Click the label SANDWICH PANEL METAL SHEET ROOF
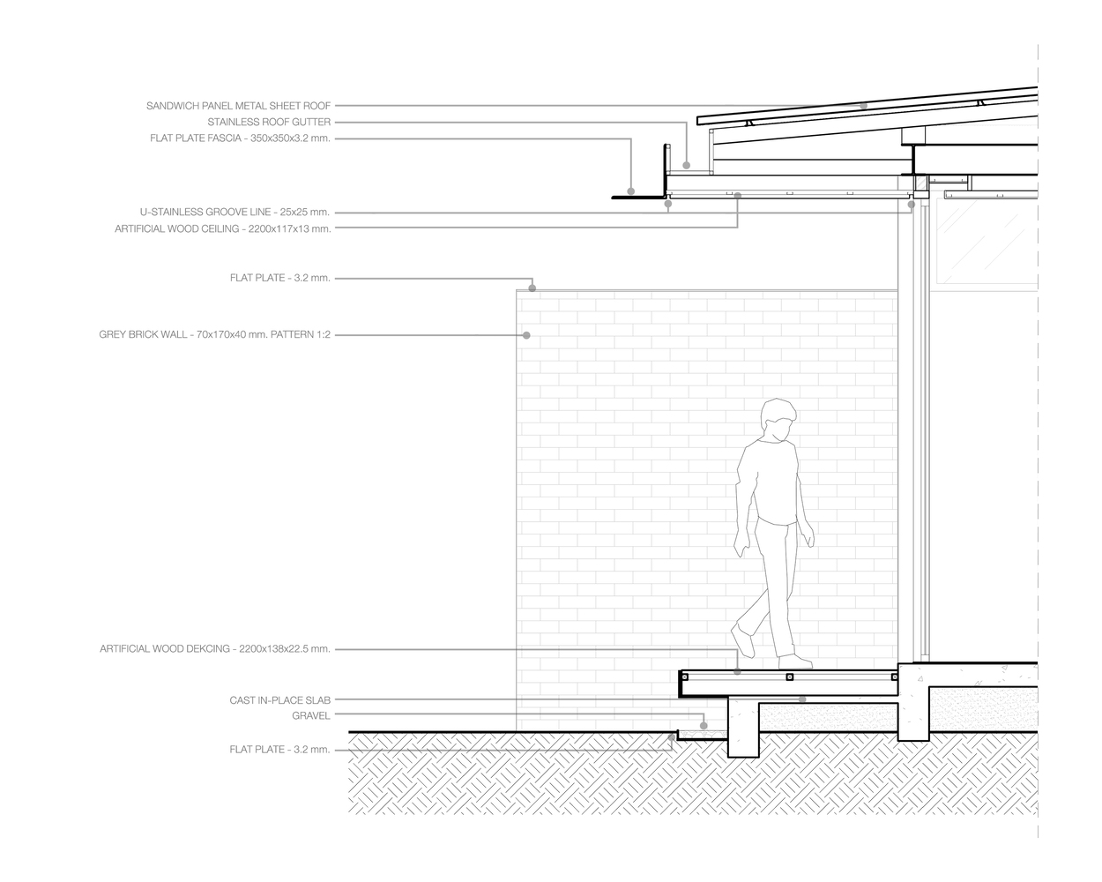pos(238,106)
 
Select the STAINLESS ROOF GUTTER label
pos(269,122)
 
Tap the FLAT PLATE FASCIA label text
pos(240,138)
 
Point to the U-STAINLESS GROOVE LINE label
pos(235,212)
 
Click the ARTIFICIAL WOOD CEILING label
pos(222,228)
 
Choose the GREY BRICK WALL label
pos(214,335)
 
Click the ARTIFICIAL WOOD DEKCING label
pos(214,649)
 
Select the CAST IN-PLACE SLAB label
pos(279,700)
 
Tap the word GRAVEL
pos(310,715)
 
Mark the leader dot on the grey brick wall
pos(526,335)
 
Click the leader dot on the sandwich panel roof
pos(864,106)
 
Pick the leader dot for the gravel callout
pos(704,726)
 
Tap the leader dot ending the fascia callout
pos(631,191)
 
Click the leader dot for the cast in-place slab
pos(802,699)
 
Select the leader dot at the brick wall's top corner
pos(532,288)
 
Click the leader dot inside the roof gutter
pos(687,164)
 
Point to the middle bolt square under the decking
pos(789,677)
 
